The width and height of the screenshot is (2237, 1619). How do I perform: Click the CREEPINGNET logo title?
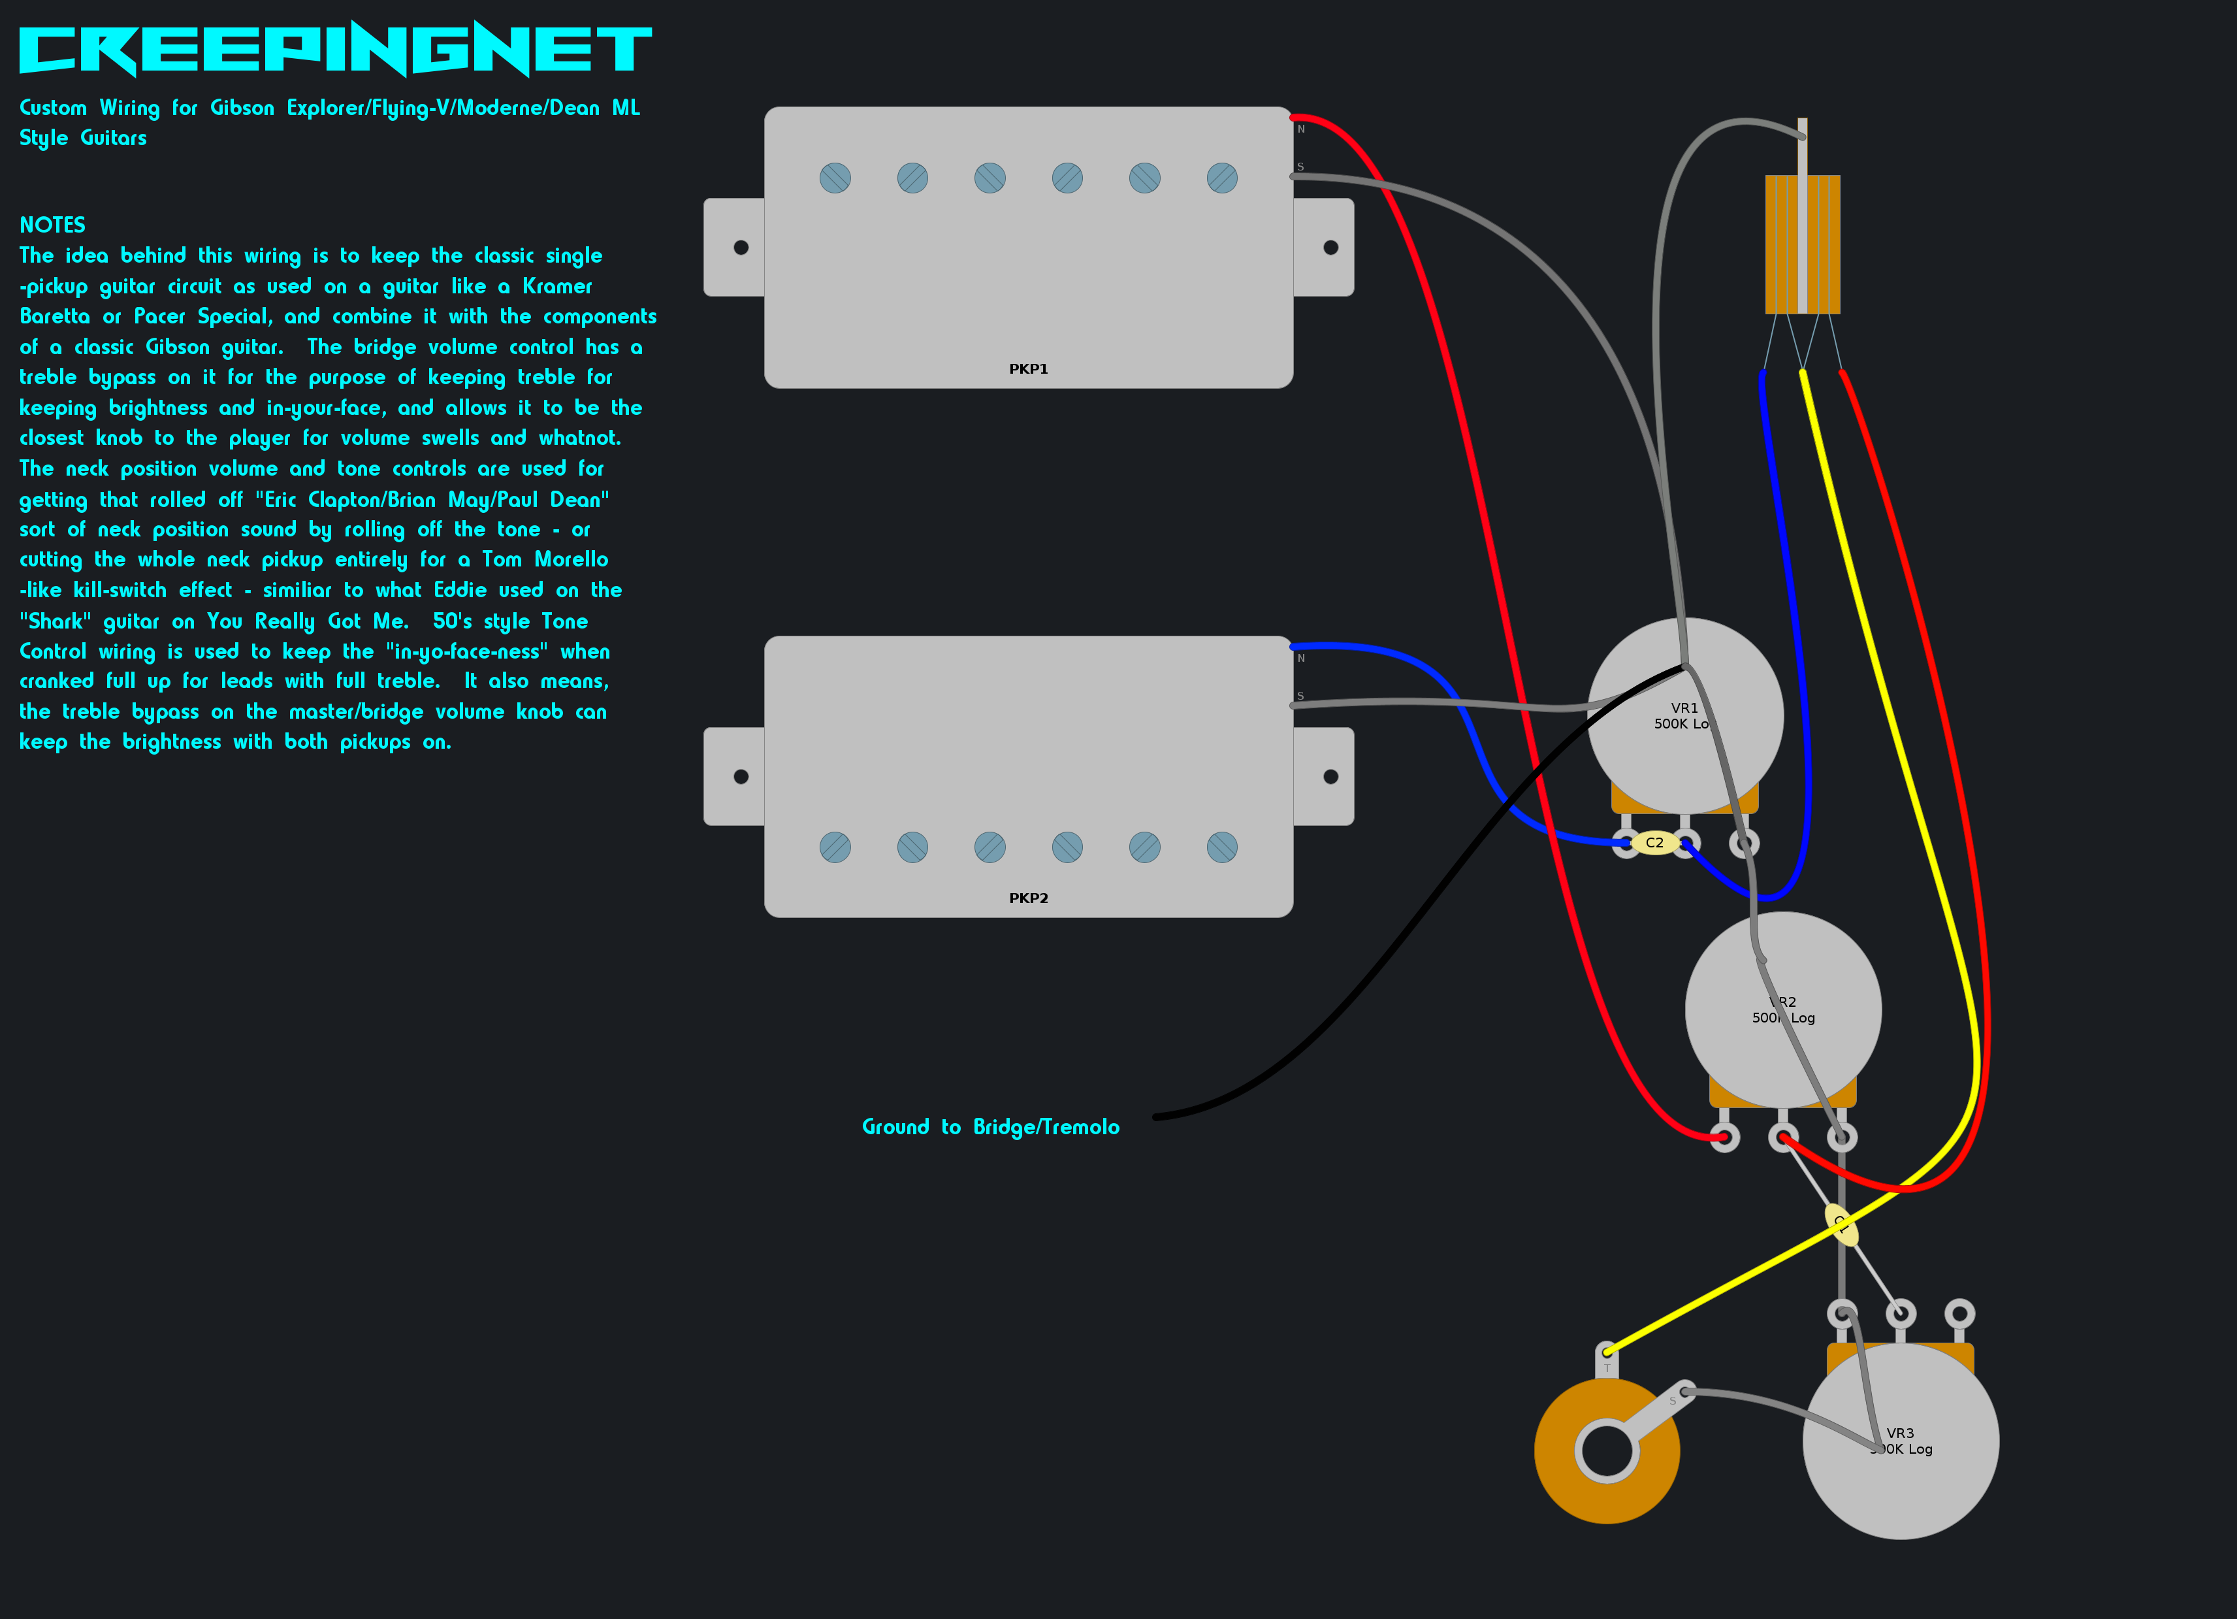(335, 50)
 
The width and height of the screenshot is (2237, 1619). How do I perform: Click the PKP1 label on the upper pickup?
(1028, 369)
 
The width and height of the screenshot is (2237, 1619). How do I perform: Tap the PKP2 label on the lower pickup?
(1028, 898)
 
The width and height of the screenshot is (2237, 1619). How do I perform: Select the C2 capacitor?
(1654, 843)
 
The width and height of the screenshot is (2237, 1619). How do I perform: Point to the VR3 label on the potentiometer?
(1900, 1433)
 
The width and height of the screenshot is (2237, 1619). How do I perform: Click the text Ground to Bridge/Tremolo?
(990, 1126)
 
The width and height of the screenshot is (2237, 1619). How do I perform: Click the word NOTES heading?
(52, 225)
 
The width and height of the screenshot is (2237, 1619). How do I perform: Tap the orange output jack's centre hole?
(1606, 1451)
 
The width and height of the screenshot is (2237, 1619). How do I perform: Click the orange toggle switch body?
(1802, 244)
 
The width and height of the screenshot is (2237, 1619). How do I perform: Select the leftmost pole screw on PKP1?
(835, 178)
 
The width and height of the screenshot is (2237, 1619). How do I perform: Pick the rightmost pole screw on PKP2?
(1221, 847)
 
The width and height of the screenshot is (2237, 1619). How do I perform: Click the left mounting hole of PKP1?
(741, 248)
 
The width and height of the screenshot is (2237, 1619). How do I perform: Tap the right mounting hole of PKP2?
(1330, 776)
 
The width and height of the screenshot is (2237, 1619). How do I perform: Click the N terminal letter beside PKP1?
(1301, 129)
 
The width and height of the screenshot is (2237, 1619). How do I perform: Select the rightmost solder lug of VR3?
(1959, 1314)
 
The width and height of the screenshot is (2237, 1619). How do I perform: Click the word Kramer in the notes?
(557, 286)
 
